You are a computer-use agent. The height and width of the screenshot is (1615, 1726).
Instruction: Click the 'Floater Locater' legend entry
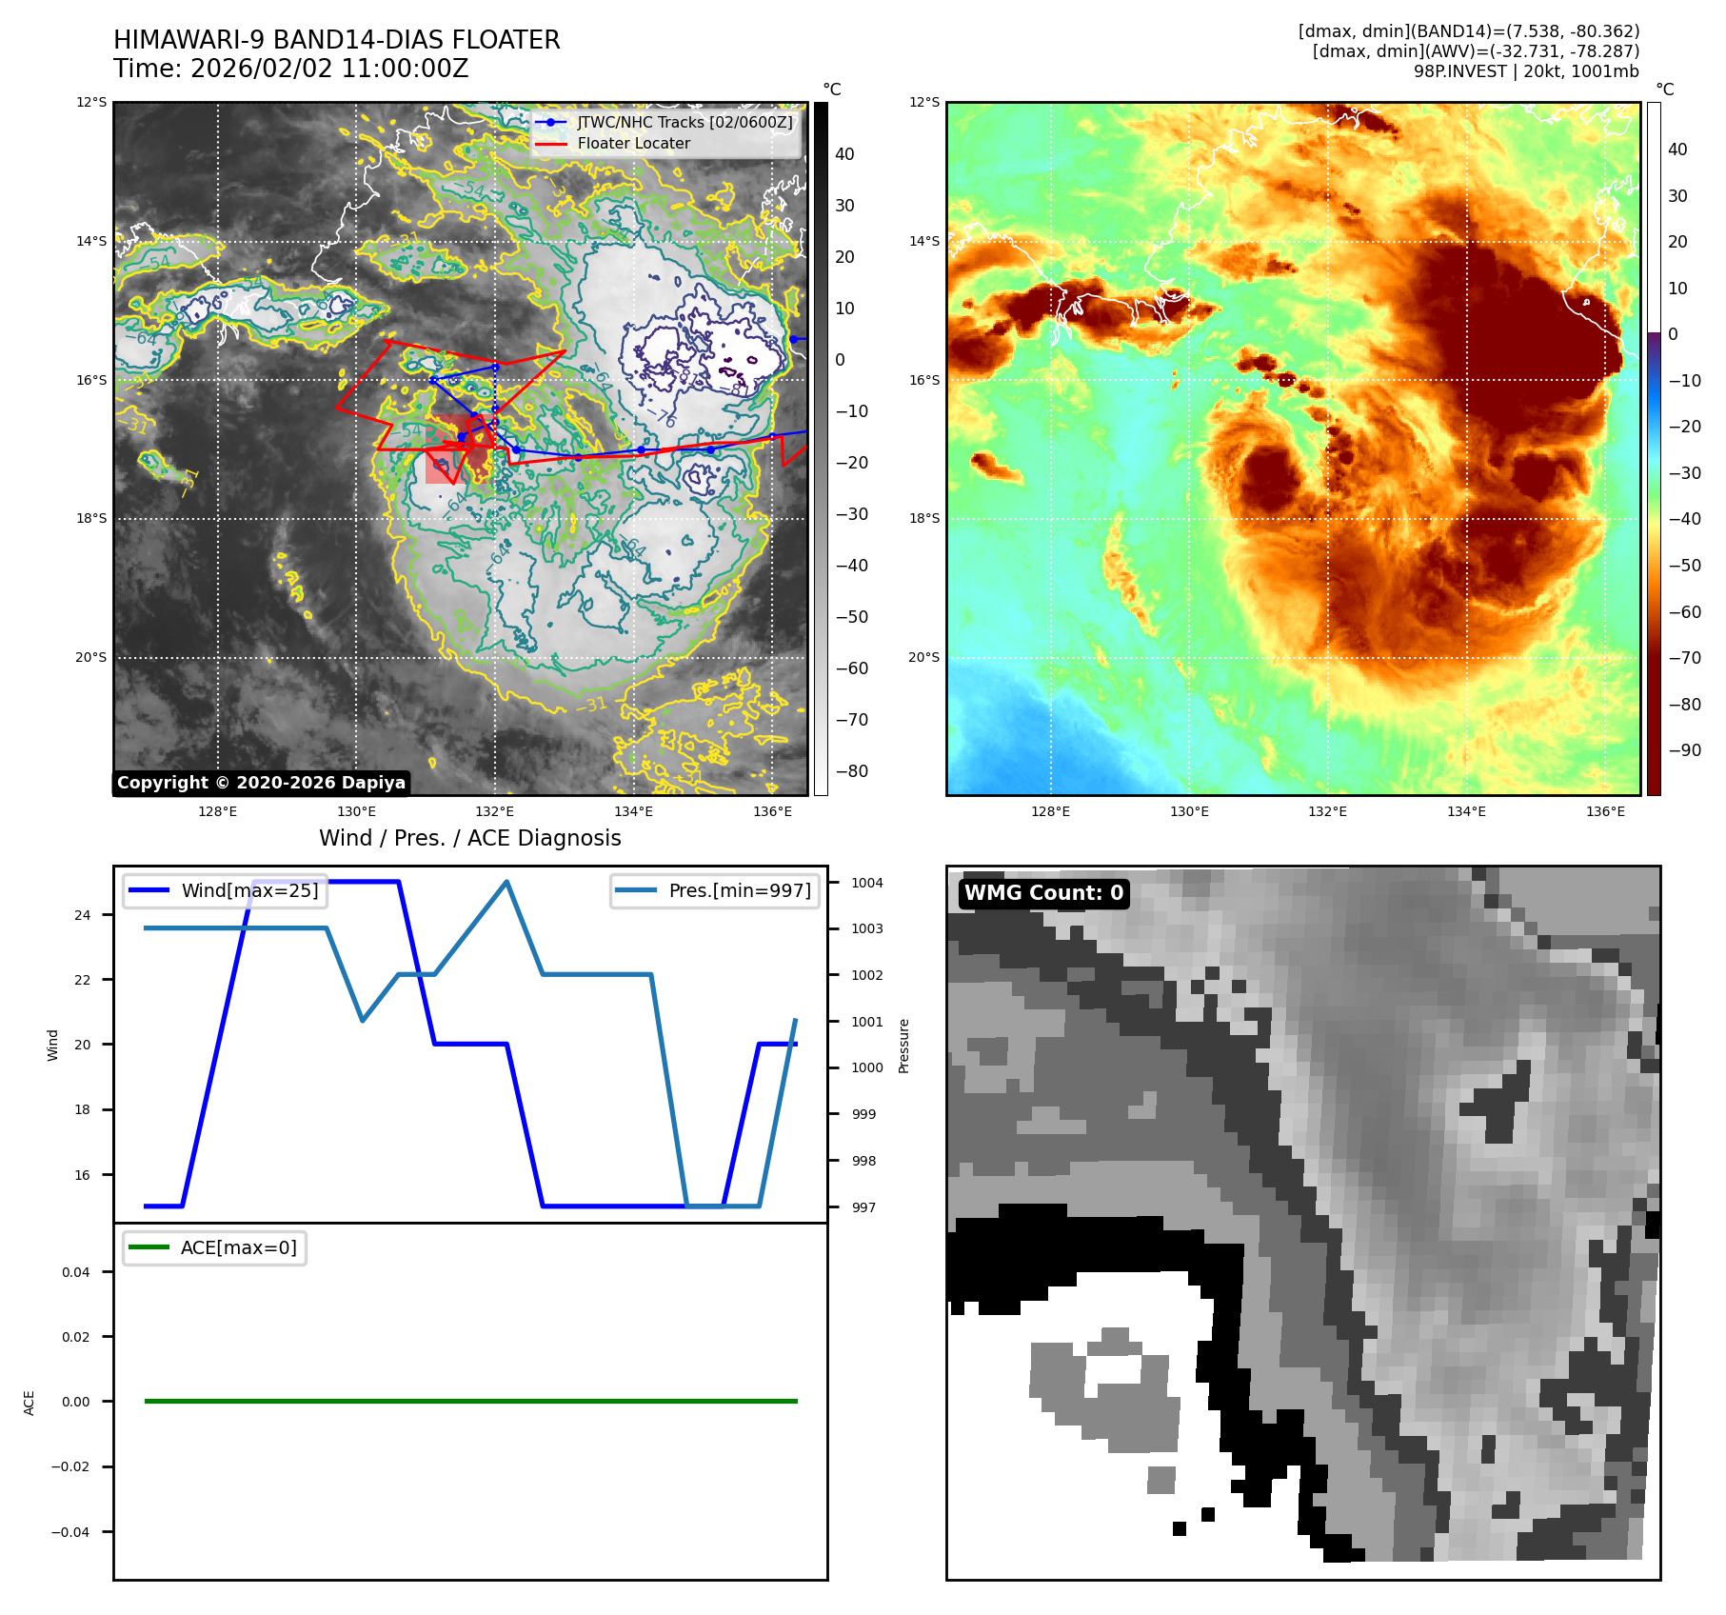pos(633,144)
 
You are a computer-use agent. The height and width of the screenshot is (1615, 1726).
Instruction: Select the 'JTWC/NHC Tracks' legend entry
pos(684,123)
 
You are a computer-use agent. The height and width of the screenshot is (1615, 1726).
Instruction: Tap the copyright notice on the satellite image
pos(262,783)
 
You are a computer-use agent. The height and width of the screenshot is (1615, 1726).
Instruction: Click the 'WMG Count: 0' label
pos(1043,893)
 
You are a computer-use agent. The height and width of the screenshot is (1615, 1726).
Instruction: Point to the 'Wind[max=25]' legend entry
pos(249,891)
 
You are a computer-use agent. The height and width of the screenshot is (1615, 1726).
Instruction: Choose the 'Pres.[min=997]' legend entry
pos(740,891)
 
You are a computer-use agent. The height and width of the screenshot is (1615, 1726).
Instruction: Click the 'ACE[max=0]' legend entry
pos(238,1248)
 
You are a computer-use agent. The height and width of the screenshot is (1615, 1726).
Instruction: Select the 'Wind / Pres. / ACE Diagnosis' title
pos(469,839)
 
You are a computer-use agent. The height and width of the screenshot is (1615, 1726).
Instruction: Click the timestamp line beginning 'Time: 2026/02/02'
pos(290,70)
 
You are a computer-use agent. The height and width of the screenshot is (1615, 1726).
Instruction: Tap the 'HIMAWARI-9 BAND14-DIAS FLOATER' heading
pos(336,41)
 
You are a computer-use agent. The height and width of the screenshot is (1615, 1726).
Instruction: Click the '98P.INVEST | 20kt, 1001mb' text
pos(1526,71)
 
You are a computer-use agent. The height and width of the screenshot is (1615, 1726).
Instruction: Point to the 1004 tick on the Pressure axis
pos(866,884)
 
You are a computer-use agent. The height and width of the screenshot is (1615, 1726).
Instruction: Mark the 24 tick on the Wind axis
pos(83,916)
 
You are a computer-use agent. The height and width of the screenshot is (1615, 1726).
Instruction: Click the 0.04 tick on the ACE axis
pos(76,1273)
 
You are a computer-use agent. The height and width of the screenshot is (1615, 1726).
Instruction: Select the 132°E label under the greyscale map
pos(494,812)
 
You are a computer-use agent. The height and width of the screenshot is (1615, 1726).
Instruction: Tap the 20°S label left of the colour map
pos(923,658)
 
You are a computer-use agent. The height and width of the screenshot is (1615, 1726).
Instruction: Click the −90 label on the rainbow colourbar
pos(1684,750)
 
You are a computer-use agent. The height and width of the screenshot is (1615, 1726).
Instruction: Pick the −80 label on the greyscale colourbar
pos(851,771)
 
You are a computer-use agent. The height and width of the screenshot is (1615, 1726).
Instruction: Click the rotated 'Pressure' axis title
pos(904,1047)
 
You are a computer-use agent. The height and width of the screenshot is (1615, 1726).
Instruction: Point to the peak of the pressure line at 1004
pos(506,883)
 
